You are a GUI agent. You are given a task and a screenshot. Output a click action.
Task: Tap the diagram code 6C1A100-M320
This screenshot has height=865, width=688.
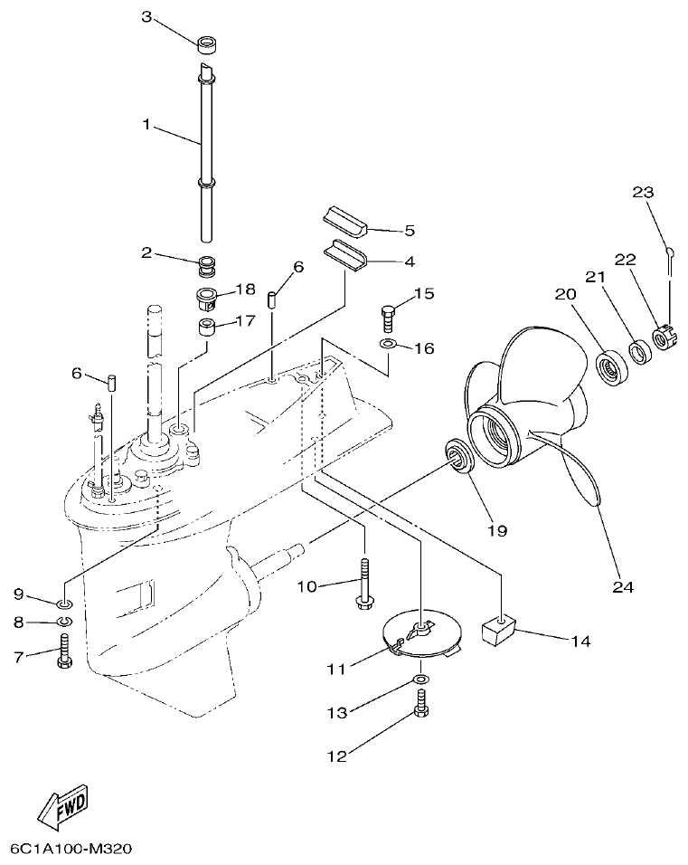tap(71, 849)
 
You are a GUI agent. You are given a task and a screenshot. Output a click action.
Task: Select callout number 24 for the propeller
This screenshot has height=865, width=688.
tap(622, 587)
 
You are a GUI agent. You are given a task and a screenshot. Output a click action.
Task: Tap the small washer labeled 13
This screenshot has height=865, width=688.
tap(422, 680)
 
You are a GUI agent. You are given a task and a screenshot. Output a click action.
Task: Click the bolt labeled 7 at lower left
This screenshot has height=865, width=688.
tap(64, 652)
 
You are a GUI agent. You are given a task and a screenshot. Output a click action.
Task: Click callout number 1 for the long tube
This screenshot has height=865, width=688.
tap(146, 125)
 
